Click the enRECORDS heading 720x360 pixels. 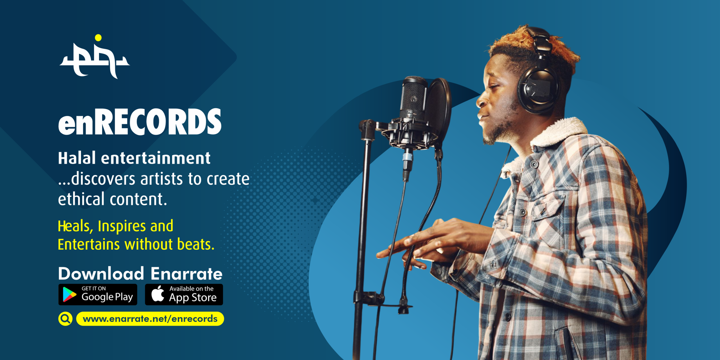(x=140, y=122)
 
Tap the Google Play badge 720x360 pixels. (x=98, y=294)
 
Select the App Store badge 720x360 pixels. (x=184, y=294)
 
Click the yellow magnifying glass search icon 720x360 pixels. (x=65, y=319)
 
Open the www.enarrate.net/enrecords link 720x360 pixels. (x=150, y=319)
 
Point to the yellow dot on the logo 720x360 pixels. (x=98, y=38)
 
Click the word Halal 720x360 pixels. (x=77, y=158)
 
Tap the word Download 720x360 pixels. (x=101, y=274)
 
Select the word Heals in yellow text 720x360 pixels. (x=74, y=226)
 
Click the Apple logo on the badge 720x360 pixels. (x=158, y=294)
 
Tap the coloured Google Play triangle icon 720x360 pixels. (x=69, y=294)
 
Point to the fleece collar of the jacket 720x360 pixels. (x=560, y=132)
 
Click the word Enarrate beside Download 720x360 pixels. (x=186, y=274)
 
